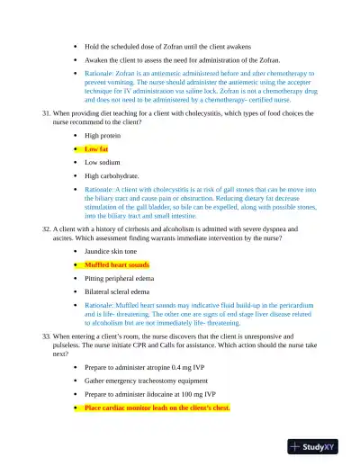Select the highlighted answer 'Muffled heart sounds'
(x=118, y=265)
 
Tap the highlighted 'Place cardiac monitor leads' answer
(x=157, y=408)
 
